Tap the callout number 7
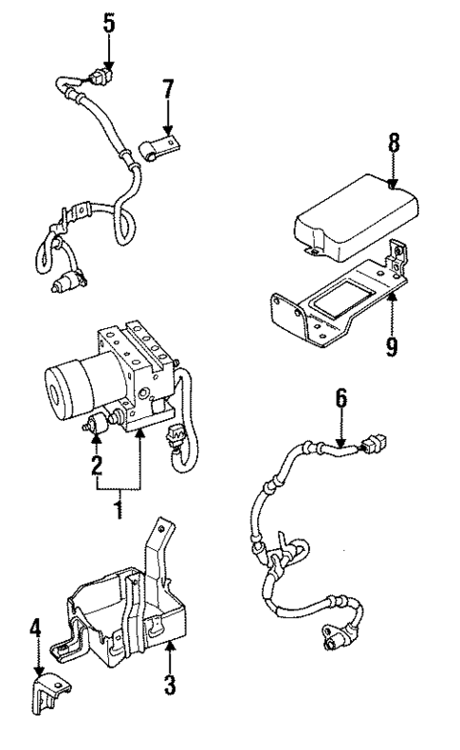[x=168, y=92]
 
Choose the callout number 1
[x=118, y=508]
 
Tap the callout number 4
[x=35, y=628]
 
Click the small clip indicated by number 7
[x=158, y=148]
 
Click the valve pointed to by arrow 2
[x=96, y=427]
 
